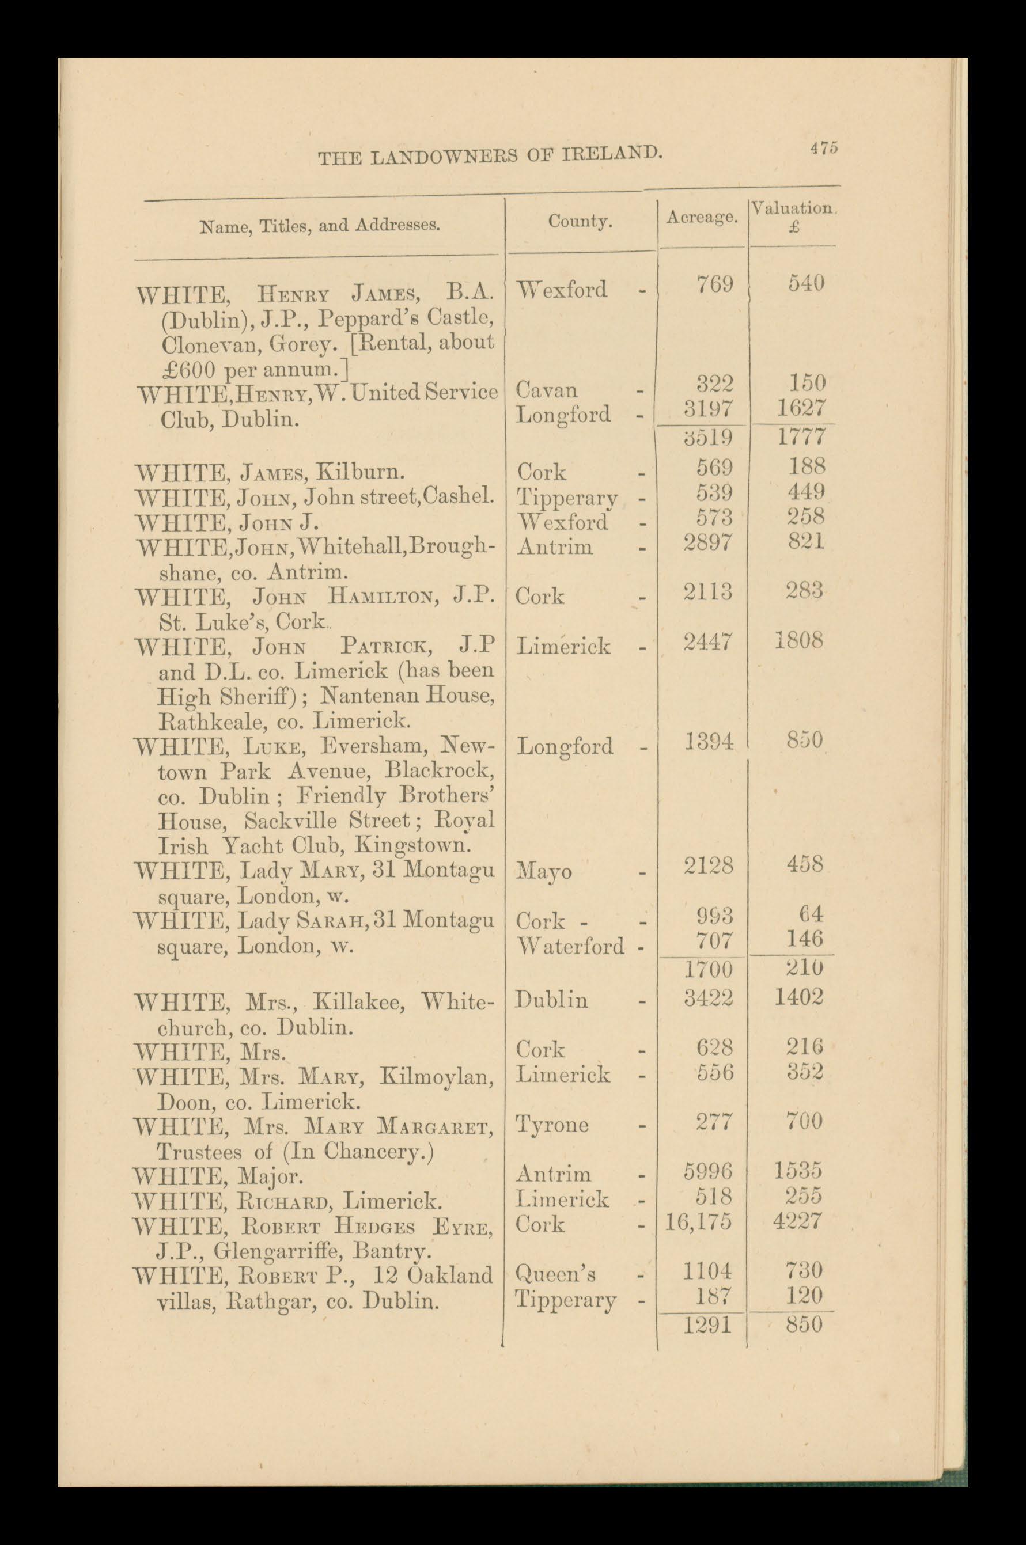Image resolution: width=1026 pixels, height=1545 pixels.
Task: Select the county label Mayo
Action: coord(544,872)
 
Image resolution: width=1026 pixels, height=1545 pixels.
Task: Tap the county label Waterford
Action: coord(570,945)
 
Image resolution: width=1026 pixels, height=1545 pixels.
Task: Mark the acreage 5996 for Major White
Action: coord(708,1171)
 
